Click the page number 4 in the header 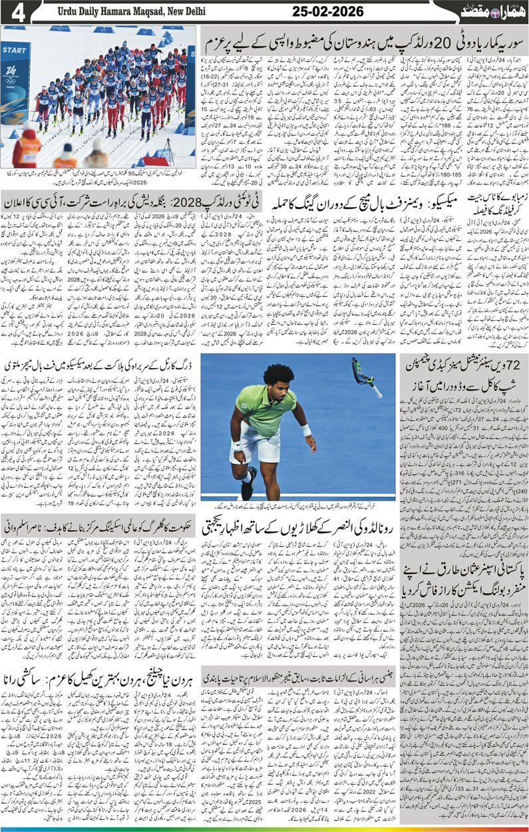[18, 13]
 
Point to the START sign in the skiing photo [14, 50]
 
